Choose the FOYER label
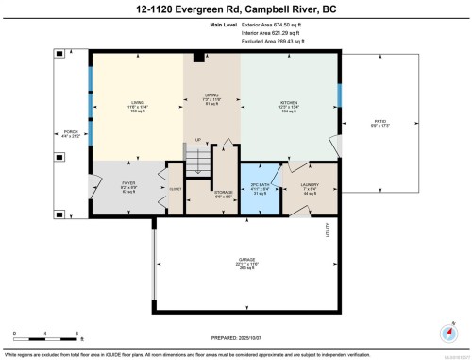click(129, 183)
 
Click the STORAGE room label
click(223, 197)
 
